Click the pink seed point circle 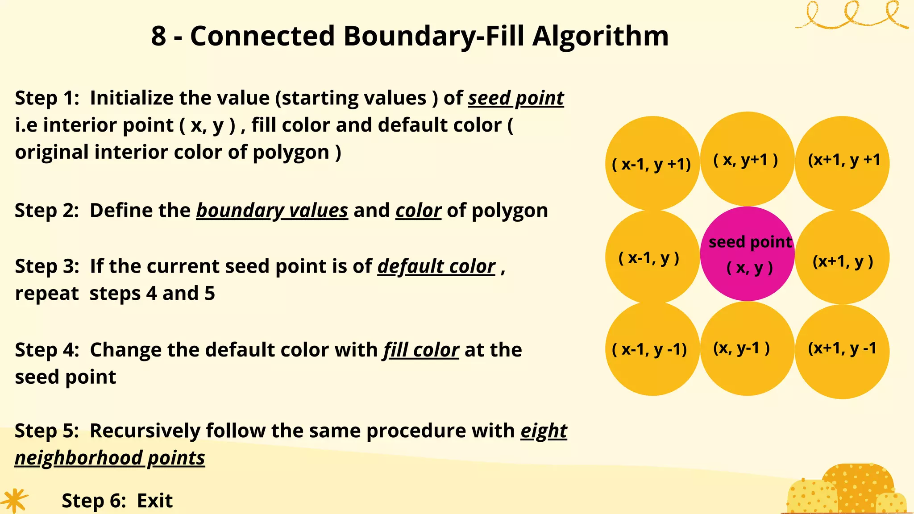click(747, 254)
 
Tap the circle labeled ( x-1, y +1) click(652, 163)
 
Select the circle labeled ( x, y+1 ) click(747, 159)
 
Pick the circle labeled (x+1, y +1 click(842, 163)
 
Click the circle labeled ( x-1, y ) click(652, 257)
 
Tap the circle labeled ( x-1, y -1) click(652, 349)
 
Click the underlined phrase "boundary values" click(272, 210)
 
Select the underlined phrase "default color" click(436, 266)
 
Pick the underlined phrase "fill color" click(421, 350)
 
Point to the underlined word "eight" click(544, 431)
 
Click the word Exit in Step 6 click(154, 501)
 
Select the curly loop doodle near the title click(851, 16)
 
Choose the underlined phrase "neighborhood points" click(110, 458)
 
